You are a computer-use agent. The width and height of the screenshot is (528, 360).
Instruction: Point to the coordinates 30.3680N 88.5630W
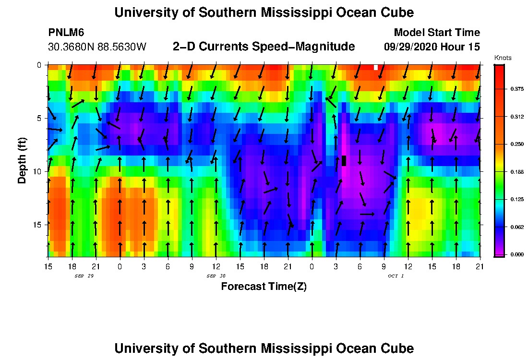point(97,47)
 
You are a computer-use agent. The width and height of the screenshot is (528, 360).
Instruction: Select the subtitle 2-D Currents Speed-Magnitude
point(264,47)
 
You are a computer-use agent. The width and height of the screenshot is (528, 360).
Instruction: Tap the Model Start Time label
point(436,33)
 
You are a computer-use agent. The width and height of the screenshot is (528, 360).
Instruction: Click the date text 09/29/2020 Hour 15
point(432,47)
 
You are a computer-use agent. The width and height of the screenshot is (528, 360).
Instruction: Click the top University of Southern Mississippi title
point(264,12)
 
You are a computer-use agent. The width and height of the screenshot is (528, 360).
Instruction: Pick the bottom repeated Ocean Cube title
point(264,348)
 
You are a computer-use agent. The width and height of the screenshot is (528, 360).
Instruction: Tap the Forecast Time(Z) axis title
point(264,287)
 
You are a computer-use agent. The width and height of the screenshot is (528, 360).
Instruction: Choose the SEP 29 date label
point(84,276)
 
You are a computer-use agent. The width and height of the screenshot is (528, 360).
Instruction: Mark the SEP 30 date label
point(216,276)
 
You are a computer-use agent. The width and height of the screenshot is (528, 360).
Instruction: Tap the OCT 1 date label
point(396,276)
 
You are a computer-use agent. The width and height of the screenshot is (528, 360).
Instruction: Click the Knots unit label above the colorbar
point(503,58)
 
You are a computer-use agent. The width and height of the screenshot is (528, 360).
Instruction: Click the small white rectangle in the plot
point(376,67)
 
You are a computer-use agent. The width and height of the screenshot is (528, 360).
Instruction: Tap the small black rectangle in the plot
point(344,161)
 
